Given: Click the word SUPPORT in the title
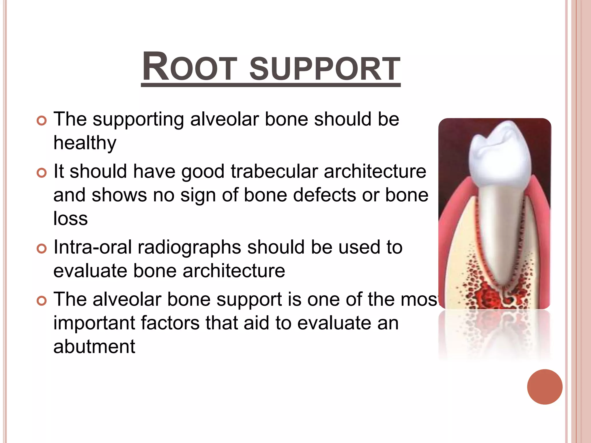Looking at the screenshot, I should (x=325, y=69).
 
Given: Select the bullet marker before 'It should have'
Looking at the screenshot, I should (x=42, y=173).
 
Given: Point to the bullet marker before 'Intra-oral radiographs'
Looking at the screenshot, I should (x=42, y=249).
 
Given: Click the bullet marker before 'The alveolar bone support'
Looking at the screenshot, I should (x=42, y=301).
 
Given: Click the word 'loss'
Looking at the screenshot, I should (x=70, y=219).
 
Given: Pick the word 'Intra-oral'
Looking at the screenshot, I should (x=92, y=247).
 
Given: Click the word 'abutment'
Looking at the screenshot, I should (x=94, y=347).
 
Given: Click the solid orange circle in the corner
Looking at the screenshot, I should (x=545, y=387).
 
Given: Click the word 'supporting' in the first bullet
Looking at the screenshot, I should (x=138, y=120).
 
